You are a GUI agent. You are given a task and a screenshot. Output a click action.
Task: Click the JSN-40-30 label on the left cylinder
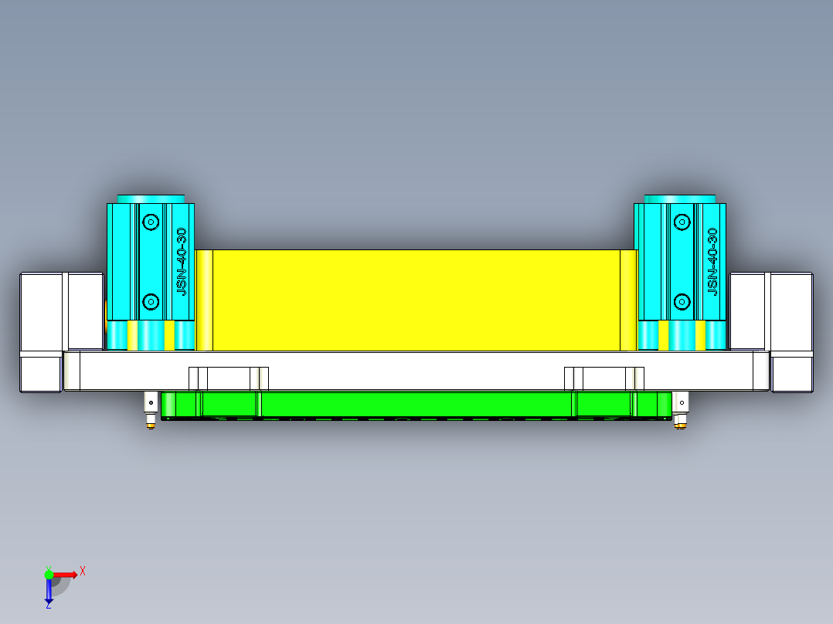(182, 261)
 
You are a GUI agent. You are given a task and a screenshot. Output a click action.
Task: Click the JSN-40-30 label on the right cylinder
(712, 261)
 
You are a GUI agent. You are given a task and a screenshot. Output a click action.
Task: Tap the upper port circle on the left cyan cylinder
(151, 222)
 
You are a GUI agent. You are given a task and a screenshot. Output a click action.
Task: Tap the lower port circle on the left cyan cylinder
(151, 301)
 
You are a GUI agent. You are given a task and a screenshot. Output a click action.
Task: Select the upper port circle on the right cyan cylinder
(682, 222)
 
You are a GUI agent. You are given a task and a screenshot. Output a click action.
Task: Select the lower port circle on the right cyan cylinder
(682, 301)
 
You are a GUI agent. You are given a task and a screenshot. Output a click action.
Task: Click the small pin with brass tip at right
(681, 409)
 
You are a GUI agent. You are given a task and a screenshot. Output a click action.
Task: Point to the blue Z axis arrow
(49, 591)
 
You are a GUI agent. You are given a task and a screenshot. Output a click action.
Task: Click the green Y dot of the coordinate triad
(49, 574)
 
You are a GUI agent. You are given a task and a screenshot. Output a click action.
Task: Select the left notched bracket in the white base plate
(229, 378)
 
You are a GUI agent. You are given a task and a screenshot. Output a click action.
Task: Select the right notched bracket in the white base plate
(603, 378)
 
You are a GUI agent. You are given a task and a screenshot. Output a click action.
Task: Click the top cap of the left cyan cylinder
(151, 199)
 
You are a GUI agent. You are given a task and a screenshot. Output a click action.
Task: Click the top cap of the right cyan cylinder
(680, 199)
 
